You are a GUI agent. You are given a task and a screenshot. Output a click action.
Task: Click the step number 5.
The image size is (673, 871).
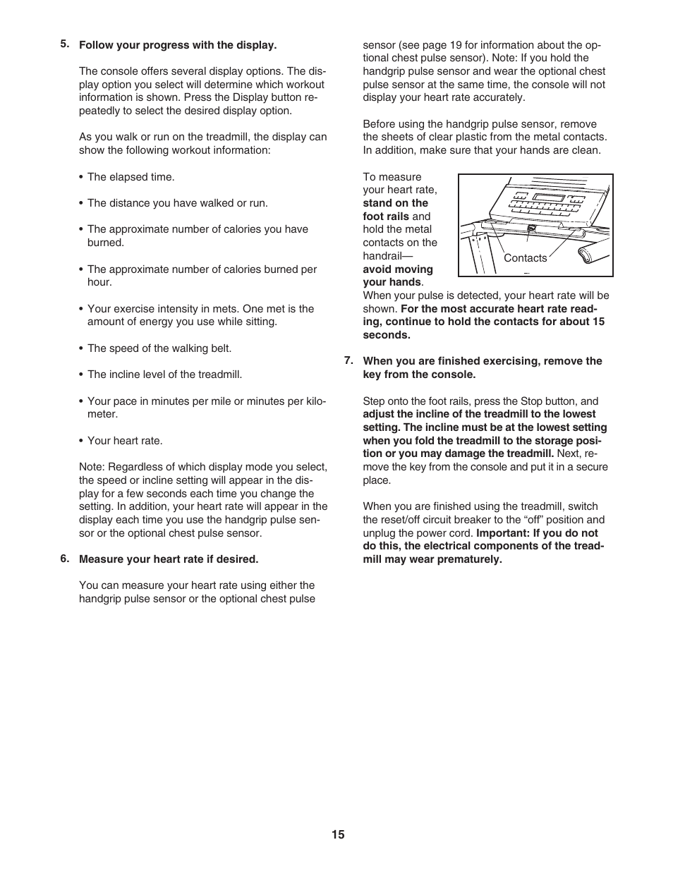[x=64, y=44]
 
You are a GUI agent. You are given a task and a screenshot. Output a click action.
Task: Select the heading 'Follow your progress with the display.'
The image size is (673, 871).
[x=177, y=45]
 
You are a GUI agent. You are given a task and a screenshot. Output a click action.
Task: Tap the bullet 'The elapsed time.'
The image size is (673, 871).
[x=131, y=177]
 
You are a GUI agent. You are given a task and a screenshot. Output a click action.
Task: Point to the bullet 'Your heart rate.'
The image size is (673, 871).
[x=125, y=441]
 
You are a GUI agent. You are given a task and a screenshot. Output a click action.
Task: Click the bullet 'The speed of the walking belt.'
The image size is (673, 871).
[x=159, y=348]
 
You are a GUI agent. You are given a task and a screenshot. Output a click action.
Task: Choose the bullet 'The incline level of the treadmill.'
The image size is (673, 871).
[x=164, y=374]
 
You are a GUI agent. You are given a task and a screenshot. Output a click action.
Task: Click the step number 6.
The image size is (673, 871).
[x=64, y=559]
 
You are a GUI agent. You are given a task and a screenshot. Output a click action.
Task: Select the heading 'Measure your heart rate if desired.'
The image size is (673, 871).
[x=169, y=559]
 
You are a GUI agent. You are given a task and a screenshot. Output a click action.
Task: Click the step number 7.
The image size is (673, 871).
[x=348, y=360]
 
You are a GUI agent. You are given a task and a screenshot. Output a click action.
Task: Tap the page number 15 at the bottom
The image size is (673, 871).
[x=338, y=834]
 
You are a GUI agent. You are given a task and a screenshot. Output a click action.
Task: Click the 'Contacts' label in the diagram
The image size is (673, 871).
[x=525, y=258]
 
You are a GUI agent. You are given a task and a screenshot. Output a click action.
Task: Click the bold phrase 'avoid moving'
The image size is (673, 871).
[x=398, y=269]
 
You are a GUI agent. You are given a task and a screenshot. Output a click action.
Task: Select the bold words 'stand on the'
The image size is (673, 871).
[x=395, y=203]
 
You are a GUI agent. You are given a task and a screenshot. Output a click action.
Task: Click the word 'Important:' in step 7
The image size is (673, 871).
[x=502, y=533]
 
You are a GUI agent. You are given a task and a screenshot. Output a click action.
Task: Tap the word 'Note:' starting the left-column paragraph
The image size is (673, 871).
[x=92, y=467]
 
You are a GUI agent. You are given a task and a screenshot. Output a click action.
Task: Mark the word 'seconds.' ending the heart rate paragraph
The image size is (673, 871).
[x=386, y=335]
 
